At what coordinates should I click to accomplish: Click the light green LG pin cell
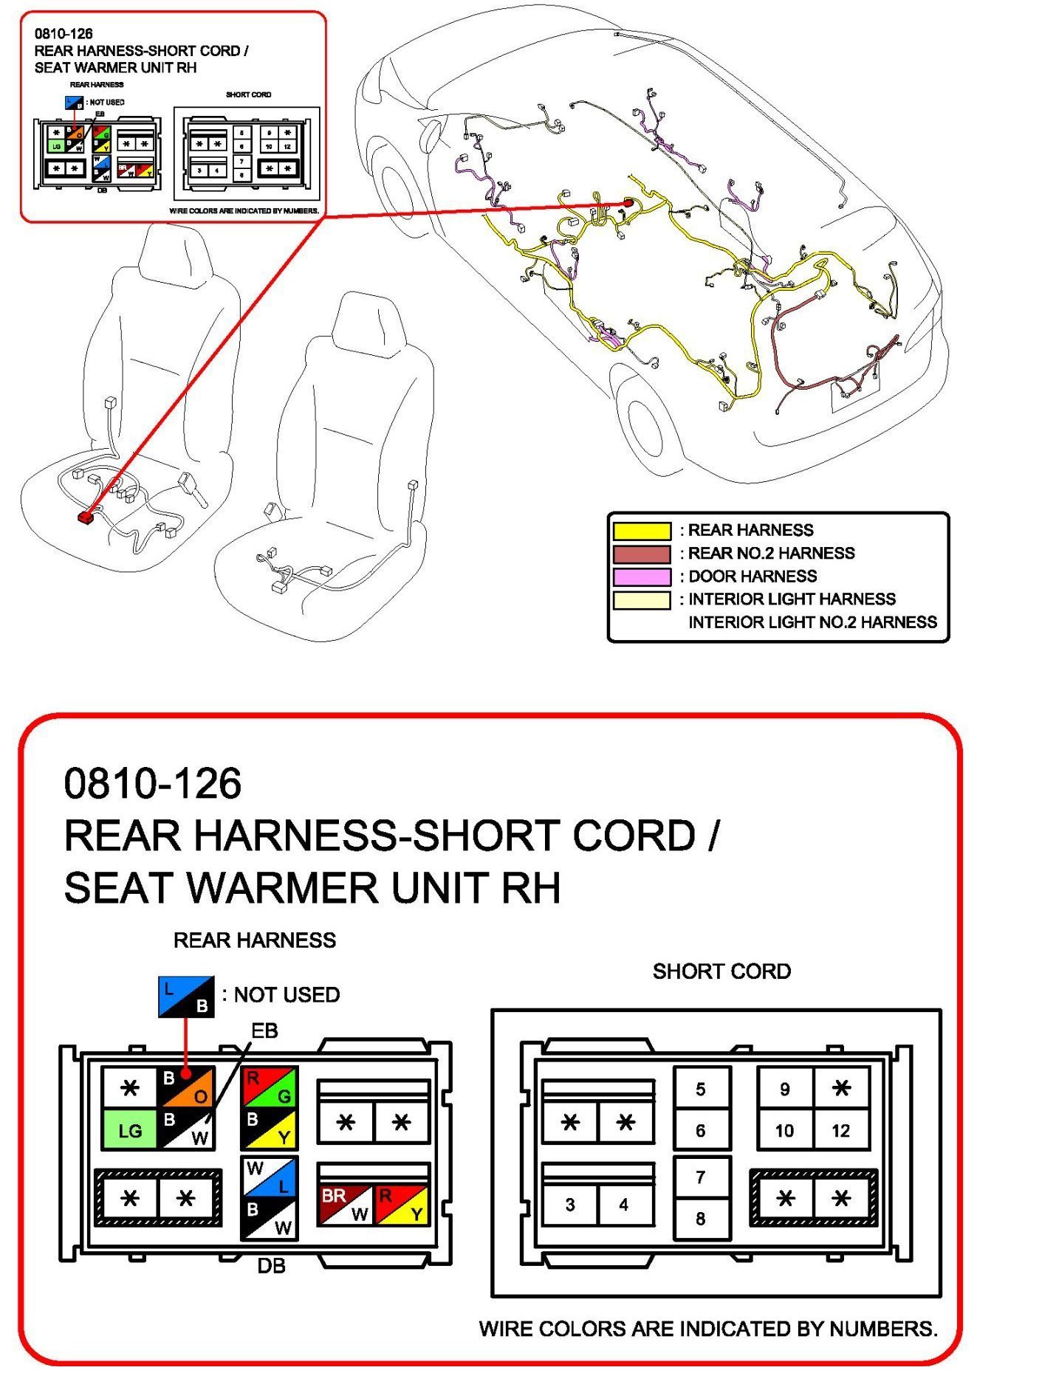129,1129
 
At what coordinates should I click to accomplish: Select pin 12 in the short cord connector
840,1130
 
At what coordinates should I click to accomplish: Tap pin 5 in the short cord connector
701,1089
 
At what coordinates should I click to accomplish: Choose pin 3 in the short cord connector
569,1205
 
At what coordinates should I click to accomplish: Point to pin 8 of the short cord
701,1219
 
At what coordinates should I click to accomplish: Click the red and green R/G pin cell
270,1087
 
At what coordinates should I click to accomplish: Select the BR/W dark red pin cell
345,1205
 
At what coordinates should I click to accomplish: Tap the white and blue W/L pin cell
270,1177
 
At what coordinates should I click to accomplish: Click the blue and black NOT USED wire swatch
186,997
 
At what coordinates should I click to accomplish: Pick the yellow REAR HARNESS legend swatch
642,531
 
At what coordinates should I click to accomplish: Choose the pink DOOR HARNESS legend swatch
642,577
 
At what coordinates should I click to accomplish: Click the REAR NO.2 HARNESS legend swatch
642,554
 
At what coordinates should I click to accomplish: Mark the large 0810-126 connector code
153,783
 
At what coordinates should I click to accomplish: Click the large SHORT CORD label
721,971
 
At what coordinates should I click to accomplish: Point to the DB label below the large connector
271,1266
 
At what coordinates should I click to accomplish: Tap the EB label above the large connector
264,1030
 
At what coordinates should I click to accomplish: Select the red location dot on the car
628,202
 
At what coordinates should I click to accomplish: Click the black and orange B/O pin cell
186,1087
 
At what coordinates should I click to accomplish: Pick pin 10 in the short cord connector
784,1130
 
